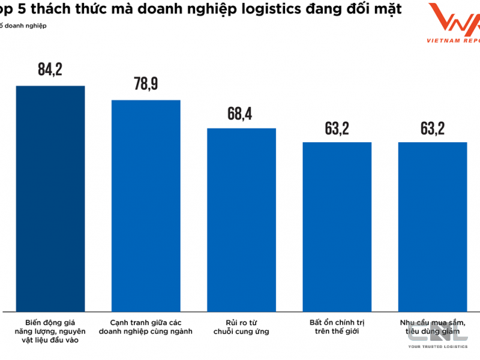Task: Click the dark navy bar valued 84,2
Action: point(50,198)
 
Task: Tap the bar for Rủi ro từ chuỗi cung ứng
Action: point(241,220)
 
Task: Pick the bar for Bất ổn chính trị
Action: point(337,227)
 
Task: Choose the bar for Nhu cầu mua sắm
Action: point(433,227)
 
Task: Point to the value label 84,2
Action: point(50,70)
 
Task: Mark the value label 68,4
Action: point(241,113)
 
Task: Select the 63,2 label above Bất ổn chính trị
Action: point(337,128)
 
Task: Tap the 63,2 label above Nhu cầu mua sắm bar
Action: point(433,128)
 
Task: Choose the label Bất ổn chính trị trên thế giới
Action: point(337,326)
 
